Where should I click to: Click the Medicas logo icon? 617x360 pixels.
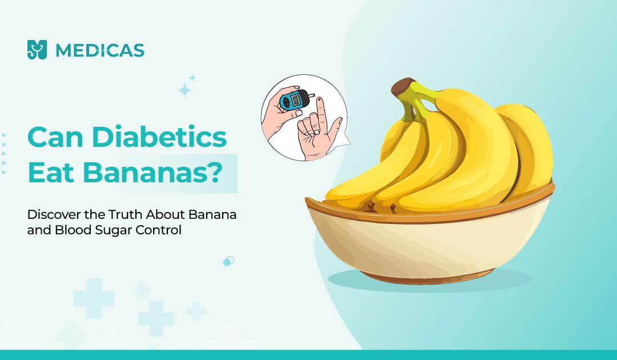pos(37,50)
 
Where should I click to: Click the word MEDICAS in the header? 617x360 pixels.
pos(100,50)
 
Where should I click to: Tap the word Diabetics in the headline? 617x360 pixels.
pos(159,137)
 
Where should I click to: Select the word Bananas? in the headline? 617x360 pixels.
pos(153,173)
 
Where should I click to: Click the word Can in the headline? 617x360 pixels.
pos(55,137)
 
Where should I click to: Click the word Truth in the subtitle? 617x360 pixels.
pos(126,215)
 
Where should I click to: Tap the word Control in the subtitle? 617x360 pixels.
pos(159,230)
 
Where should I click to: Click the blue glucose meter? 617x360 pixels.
pos(294,101)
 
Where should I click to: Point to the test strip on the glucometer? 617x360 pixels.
pos(311,95)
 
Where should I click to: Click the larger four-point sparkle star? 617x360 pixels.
pos(185,90)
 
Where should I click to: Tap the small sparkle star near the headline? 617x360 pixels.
pos(192,78)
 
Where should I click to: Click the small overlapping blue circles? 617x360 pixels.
pos(229,261)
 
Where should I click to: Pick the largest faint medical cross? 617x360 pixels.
pos(94,298)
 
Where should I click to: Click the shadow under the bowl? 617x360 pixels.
pos(431,281)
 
